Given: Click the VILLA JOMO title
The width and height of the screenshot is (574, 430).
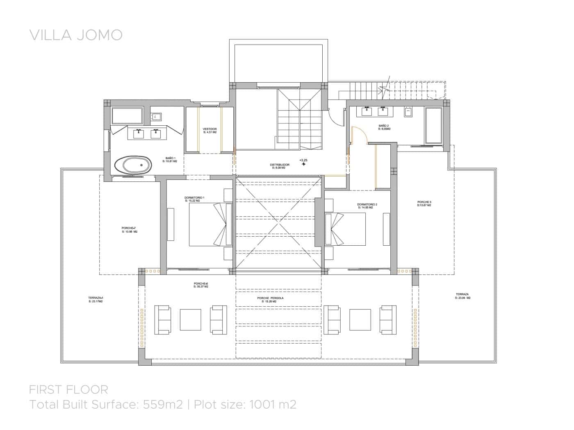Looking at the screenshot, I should [76, 35].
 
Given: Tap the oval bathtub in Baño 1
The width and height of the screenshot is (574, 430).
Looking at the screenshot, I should [132, 165].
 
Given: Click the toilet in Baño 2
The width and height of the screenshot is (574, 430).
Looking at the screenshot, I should [408, 111].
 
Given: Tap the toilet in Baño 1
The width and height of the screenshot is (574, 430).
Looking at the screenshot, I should [156, 116].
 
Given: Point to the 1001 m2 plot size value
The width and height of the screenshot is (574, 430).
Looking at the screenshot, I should [271, 405].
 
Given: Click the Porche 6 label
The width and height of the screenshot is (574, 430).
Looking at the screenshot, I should [201, 285].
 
